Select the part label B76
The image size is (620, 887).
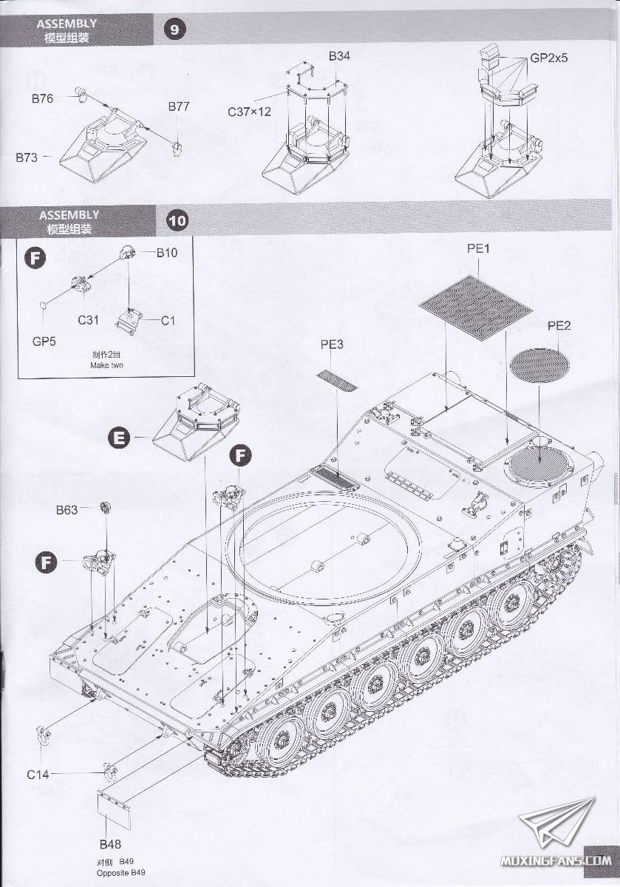42,98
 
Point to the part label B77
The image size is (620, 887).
179,106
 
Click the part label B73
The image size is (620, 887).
28,157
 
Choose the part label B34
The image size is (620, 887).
339,56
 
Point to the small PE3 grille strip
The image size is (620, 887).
336,381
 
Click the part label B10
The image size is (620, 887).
167,253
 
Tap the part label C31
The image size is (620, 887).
89,321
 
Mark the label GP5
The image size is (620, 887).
44,341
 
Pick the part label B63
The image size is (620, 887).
67,509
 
